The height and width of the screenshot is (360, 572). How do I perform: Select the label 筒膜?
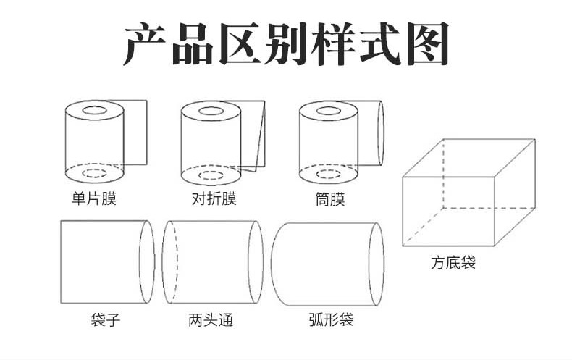pos(331,198)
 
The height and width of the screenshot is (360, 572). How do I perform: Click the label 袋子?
pos(106,319)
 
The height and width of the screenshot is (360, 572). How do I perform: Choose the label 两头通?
pos(211,319)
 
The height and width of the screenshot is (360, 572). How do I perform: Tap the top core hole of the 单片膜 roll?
pos(94,112)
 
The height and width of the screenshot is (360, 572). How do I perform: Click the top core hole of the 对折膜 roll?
pos(212,112)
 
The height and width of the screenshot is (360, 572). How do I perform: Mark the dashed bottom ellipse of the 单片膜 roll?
pos(94,174)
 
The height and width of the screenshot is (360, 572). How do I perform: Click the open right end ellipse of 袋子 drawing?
pos(147,262)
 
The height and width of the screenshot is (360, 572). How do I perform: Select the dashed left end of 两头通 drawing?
pos(169,262)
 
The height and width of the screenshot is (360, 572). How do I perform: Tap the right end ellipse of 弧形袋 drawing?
pos(375,263)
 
